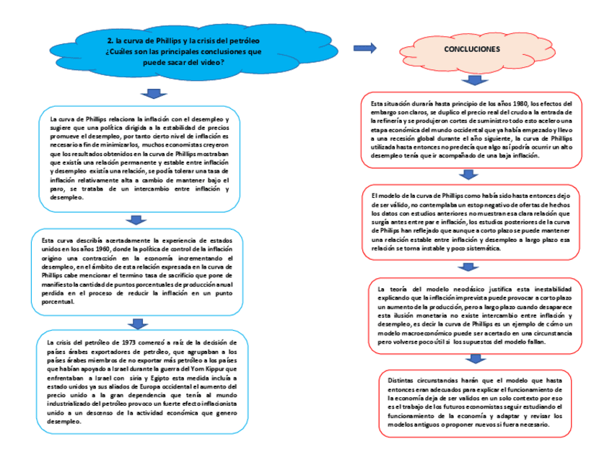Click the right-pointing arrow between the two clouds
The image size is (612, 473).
point(364,48)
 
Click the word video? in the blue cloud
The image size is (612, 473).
point(209,62)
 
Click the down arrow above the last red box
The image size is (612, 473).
point(476,359)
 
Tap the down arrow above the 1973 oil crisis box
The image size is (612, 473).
point(135,324)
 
